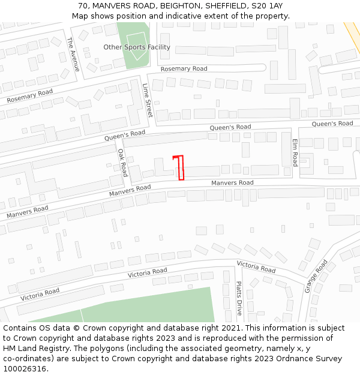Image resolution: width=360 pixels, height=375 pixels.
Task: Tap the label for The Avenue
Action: (x=73, y=55)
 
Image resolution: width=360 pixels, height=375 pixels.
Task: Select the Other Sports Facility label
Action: (x=137, y=47)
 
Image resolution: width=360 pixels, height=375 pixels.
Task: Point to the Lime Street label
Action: (x=148, y=100)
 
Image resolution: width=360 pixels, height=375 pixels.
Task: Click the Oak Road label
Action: (x=122, y=163)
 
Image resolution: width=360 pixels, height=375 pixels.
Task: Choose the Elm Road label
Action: (x=295, y=152)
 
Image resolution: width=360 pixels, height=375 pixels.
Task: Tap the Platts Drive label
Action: (x=238, y=298)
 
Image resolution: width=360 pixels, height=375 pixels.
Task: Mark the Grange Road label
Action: (x=316, y=276)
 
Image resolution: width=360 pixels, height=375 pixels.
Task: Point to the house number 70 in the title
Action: (x=83, y=6)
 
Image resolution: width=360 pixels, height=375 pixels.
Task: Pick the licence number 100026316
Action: (x=26, y=369)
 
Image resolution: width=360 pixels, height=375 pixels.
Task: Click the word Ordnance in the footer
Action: (x=292, y=359)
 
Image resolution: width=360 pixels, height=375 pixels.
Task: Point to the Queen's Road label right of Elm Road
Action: (x=332, y=124)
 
